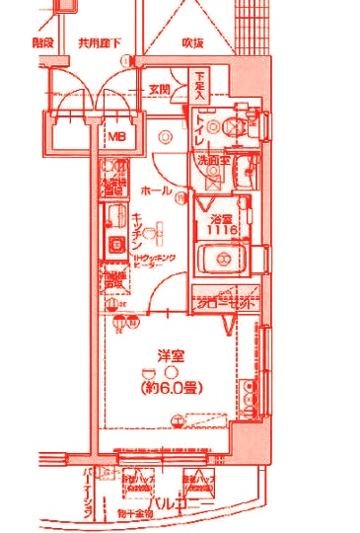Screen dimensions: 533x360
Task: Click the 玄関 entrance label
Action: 160,90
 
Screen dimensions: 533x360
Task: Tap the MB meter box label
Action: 116,136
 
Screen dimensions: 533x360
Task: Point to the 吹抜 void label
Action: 193,44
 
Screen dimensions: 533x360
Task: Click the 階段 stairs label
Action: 41,43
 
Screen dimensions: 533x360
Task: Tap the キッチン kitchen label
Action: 138,230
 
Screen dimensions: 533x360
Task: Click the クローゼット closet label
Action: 224,305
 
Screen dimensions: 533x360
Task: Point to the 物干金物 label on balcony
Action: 135,513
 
